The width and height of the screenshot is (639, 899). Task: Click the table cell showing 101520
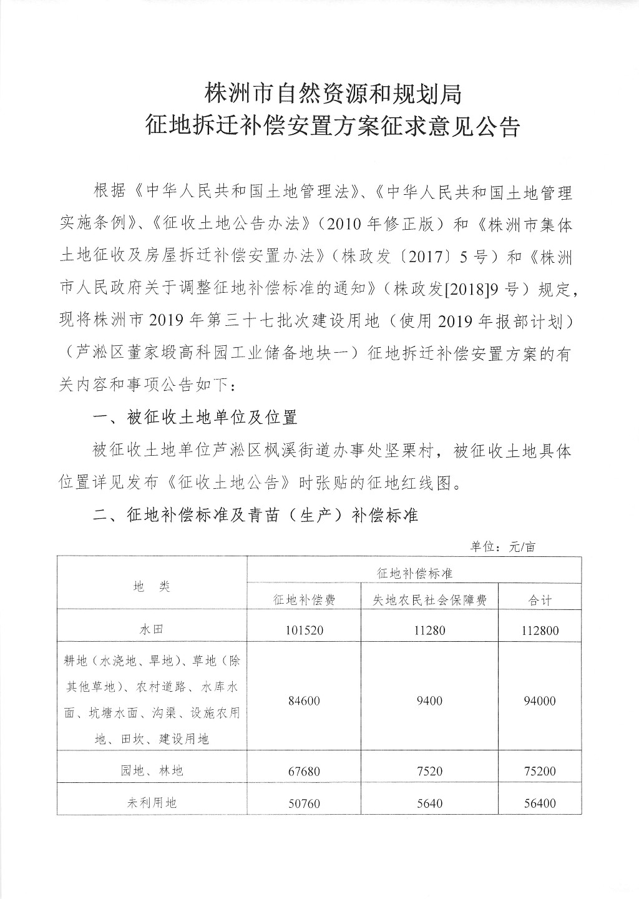(305, 630)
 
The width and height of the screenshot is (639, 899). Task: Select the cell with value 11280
(429, 630)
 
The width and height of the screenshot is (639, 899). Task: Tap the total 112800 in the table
(540, 630)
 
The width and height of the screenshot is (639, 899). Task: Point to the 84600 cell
(305, 701)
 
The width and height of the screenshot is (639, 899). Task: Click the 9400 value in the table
(429, 701)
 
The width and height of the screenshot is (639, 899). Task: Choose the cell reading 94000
(540, 701)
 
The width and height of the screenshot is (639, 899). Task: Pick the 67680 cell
(305, 772)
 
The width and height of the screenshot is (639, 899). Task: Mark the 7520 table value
(429, 772)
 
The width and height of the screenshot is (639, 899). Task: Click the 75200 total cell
(540, 772)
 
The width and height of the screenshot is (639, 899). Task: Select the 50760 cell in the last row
(305, 803)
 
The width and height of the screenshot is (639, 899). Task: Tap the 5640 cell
(429, 803)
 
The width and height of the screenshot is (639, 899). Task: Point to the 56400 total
(540, 803)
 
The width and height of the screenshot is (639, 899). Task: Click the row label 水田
(152, 630)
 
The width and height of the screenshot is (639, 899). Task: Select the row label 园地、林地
(152, 771)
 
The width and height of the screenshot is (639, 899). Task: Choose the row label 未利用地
(152, 802)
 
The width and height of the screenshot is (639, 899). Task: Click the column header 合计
(540, 600)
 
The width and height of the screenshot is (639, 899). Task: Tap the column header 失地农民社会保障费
(429, 600)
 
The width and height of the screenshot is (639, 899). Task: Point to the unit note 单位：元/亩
(502, 547)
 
